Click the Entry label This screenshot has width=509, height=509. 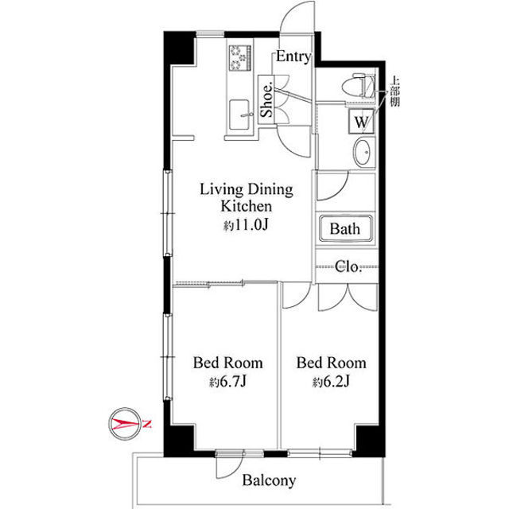[x=293, y=56]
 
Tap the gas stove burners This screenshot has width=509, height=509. [x=240, y=58]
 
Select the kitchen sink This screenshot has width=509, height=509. [x=240, y=115]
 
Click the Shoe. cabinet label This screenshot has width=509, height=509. [x=267, y=100]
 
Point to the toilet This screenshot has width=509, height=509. [x=359, y=86]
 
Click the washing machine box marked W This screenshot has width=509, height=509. [x=361, y=122]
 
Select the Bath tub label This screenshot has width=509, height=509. [x=344, y=228]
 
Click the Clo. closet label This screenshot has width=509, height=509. [x=348, y=267]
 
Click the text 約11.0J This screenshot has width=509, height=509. [x=246, y=224]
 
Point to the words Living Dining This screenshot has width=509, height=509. [x=247, y=189]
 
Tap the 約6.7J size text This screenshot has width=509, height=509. [x=228, y=382]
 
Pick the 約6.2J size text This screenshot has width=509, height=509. [x=331, y=382]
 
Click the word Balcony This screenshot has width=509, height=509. [x=269, y=480]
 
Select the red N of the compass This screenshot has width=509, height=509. [x=147, y=424]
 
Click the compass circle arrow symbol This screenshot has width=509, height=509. [x=125, y=424]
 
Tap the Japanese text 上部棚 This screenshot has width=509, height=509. [x=394, y=91]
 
